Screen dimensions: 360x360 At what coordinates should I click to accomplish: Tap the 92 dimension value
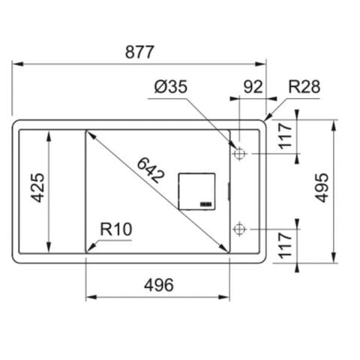pyautogui.click(x=253, y=87)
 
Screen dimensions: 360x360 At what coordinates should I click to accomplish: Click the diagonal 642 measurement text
pyautogui.click(x=151, y=172)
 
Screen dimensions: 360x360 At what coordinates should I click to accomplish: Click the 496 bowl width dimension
pyautogui.click(x=158, y=285)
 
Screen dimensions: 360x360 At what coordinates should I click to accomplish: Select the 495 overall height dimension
pyautogui.click(x=321, y=188)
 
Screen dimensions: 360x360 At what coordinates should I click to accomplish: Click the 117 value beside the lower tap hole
pyautogui.click(x=286, y=245)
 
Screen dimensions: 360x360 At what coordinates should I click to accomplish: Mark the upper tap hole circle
pyautogui.click(x=239, y=154)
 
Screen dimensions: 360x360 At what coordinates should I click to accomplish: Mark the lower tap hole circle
pyautogui.click(x=239, y=228)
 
